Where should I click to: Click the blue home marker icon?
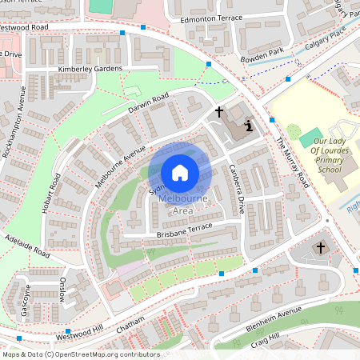pos(180,172)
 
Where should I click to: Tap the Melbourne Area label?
pos(181,205)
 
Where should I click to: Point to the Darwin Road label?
pos(148,105)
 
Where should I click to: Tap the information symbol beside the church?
pos(249,125)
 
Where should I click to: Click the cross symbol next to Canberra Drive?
pos(218,112)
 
